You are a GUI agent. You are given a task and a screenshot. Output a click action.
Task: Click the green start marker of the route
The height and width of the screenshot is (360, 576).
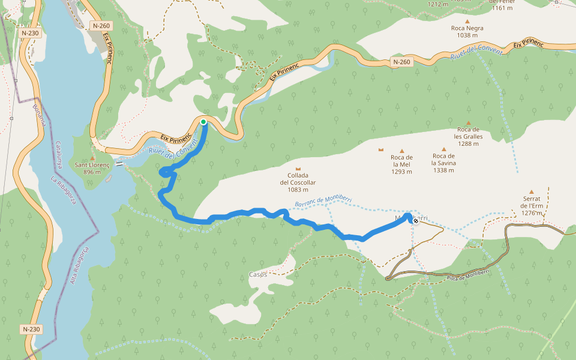(203, 122)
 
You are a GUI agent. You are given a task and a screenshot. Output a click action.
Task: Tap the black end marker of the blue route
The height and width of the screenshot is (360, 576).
(416, 221)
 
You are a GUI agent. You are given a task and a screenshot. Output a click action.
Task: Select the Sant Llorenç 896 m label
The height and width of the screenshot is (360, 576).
(92, 168)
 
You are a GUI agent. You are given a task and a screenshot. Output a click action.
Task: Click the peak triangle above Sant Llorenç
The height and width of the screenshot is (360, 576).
(92, 158)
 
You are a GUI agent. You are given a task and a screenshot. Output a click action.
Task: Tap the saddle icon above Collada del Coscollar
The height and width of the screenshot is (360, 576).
(298, 170)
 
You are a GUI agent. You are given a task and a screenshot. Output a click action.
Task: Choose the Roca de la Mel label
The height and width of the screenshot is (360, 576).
(401, 164)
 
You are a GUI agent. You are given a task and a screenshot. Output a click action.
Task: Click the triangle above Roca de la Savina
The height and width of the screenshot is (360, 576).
(444, 149)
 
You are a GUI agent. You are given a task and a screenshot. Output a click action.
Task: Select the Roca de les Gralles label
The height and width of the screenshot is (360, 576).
(469, 136)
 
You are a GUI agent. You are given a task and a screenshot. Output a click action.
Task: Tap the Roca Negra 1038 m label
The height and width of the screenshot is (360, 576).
(467, 31)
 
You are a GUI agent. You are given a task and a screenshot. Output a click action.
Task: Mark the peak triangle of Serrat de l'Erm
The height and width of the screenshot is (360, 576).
(531, 192)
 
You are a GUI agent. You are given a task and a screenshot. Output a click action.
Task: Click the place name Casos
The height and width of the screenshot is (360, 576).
(258, 274)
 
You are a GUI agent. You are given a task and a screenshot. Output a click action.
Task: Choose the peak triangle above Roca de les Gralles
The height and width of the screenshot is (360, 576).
(469, 123)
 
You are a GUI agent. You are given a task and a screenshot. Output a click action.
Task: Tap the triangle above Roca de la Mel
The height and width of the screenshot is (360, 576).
(401, 150)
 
